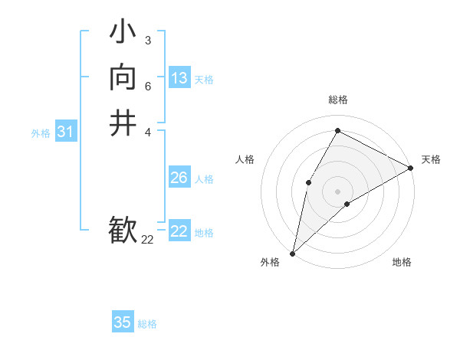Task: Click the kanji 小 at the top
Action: pyautogui.click(x=123, y=33)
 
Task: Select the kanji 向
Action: pyautogui.click(x=123, y=77)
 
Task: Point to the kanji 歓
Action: pyautogui.click(x=123, y=230)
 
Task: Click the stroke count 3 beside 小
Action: pyautogui.click(x=147, y=40)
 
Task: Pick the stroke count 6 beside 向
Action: pyautogui.click(x=147, y=85)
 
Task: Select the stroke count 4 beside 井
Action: pyautogui.click(x=147, y=130)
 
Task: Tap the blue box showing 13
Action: pyautogui.click(x=179, y=78)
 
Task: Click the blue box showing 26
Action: pyautogui.click(x=179, y=178)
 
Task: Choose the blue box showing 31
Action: pyautogui.click(x=66, y=133)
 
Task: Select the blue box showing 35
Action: pyautogui.click(x=123, y=322)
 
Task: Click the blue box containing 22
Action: pyautogui.click(x=179, y=231)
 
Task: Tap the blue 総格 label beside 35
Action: pyautogui.click(x=147, y=324)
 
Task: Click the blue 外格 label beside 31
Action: pyautogui.click(x=41, y=133)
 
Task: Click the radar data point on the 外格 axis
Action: pyautogui.click(x=292, y=253)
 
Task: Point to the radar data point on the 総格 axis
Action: pyautogui.click(x=337, y=131)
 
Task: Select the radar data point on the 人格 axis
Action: pyautogui.click(x=308, y=182)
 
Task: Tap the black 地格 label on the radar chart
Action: pyautogui.click(x=402, y=263)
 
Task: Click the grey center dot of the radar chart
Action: pyautogui.click(x=337, y=191)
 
